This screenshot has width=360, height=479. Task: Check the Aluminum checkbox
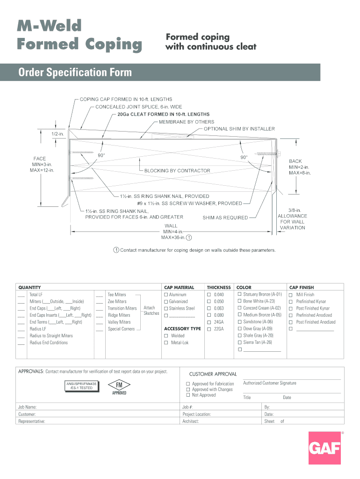point(166,295)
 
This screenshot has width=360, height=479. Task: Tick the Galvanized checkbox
point(166,302)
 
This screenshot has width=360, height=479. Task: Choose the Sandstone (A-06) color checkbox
point(239,322)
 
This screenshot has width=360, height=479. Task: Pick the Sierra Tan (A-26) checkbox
point(239,342)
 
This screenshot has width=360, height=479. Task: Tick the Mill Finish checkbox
point(291,295)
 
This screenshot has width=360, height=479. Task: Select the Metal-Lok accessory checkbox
point(166,343)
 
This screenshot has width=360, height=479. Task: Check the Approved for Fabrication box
point(188,384)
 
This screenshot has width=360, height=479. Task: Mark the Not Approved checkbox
point(188,395)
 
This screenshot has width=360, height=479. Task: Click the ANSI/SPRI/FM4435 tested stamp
point(81,386)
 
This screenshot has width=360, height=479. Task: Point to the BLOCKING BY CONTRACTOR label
point(177,171)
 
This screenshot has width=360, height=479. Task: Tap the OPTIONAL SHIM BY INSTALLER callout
point(239,129)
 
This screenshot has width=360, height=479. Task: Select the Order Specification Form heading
point(75,73)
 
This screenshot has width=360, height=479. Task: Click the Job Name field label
point(28,407)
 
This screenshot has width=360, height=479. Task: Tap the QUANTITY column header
point(29,287)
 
